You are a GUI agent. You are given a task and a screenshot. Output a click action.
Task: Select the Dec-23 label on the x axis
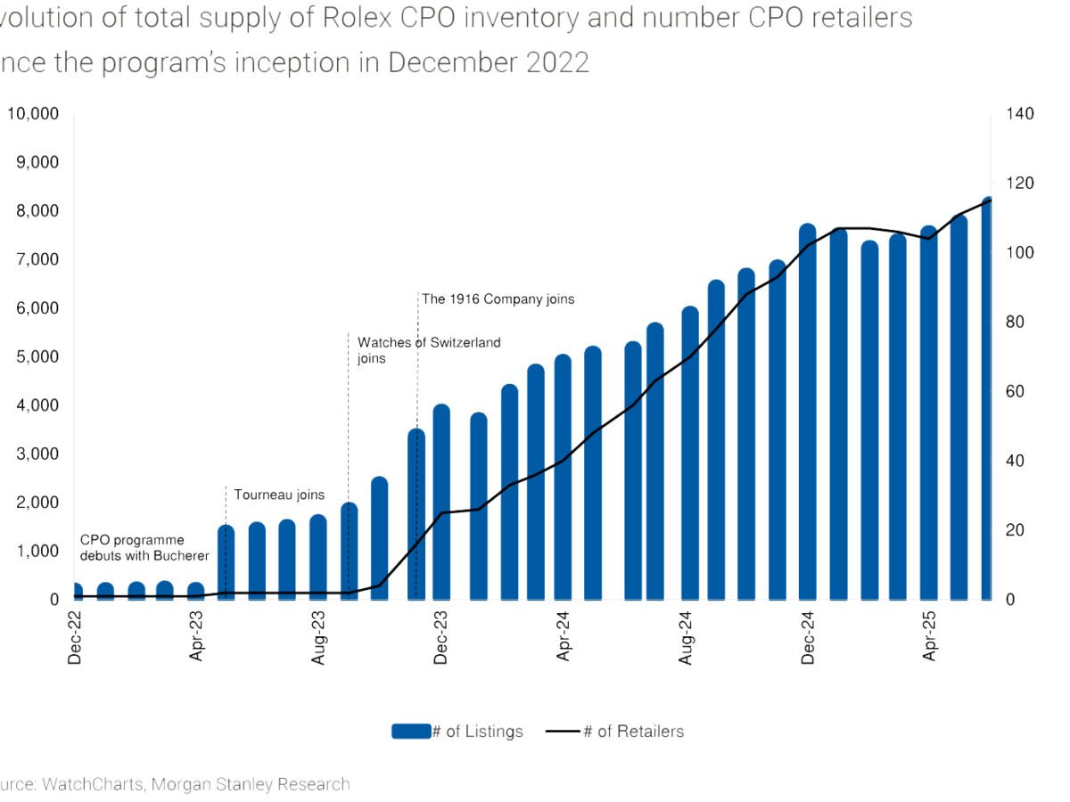(441, 640)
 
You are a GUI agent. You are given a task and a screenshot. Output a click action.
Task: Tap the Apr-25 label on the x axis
(930, 640)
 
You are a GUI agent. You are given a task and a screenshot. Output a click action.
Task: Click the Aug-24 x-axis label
(686, 640)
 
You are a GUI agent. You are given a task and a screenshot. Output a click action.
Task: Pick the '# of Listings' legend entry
(457, 732)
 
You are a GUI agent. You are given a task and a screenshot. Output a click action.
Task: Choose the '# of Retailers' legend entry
(615, 732)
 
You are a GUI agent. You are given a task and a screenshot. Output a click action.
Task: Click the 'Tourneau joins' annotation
(279, 495)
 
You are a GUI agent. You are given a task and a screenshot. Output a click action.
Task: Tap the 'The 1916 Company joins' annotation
(498, 299)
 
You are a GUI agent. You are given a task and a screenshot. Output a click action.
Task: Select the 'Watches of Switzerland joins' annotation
(428, 349)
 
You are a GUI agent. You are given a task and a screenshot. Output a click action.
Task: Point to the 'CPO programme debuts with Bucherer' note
(144, 548)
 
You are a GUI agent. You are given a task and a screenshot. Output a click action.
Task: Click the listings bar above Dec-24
(808, 414)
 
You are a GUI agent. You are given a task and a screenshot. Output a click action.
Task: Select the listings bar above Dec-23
(441, 503)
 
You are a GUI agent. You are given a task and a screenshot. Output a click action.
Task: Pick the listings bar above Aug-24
(690, 454)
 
